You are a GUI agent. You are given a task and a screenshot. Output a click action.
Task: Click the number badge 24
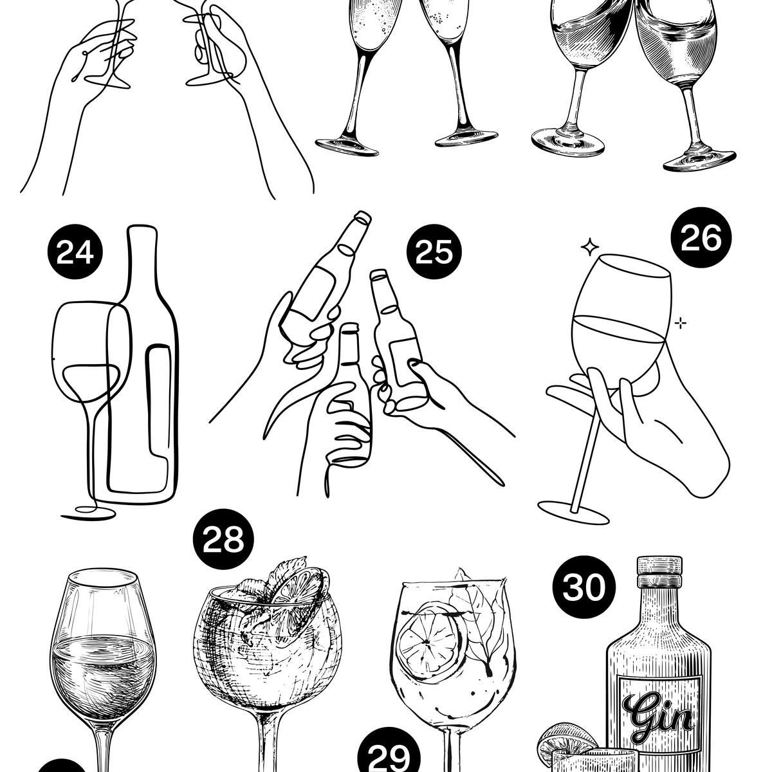click(75, 252)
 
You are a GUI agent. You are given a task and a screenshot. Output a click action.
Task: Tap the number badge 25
click(434, 252)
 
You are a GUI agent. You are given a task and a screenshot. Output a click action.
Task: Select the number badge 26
click(701, 237)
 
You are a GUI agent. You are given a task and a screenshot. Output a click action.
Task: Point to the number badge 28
click(223, 539)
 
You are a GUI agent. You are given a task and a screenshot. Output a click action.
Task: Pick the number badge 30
click(584, 587)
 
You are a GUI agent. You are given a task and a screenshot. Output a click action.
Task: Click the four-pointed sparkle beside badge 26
click(590, 247)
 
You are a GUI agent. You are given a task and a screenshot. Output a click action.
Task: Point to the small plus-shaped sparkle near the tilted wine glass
click(680, 323)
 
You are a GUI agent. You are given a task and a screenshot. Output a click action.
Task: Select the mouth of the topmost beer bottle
click(363, 217)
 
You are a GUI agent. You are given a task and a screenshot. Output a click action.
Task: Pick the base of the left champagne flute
click(347, 147)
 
